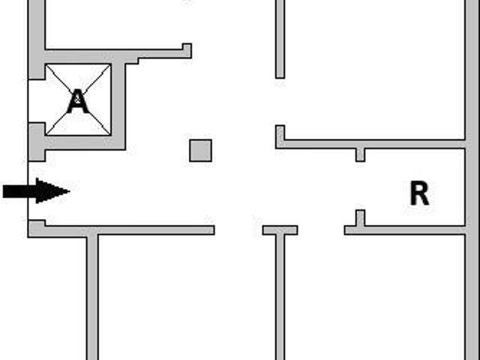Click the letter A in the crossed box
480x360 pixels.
(78, 101)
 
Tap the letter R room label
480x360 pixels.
(419, 193)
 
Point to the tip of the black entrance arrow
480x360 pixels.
(70, 191)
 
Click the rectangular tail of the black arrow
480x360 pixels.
(19, 191)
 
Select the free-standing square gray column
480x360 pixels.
(200, 150)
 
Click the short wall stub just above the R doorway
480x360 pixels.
(360, 154)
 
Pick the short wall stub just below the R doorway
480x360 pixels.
(360, 218)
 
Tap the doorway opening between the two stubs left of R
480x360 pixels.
(360, 186)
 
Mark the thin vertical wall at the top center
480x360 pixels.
(280, 39)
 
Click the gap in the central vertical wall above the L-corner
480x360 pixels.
(280, 102)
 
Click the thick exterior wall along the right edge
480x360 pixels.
(472, 180)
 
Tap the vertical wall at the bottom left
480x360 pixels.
(92, 297)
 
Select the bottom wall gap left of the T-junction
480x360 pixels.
(238, 230)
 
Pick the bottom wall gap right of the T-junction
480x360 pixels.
(321, 230)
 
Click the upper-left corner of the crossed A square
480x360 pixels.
(46, 64)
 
